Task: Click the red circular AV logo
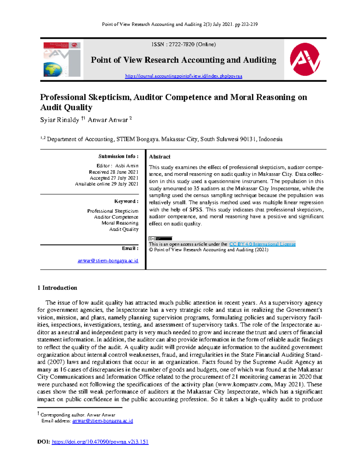pyautogui.click(x=305, y=59)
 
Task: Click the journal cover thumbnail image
pyautogui.click(x=62, y=59)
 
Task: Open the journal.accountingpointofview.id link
pyautogui.click(x=183, y=76)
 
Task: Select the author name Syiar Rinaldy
pyautogui.click(x=59, y=120)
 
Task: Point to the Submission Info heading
pyautogui.click(x=118, y=156)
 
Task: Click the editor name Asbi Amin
pyautogui.click(x=127, y=166)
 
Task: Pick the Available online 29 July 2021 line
pyautogui.click(x=106, y=184)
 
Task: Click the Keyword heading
pyautogui.click(x=126, y=201)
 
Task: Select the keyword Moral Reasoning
pyautogui.click(x=120, y=223)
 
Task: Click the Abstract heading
pyautogui.click(x=160, y=157)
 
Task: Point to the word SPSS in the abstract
pyautogui.click(x=196, y=209)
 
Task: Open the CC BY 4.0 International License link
pyautogui.click(x=262, y=244)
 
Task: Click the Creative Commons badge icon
pyautogui.click(x=160, y=239)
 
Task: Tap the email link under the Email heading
pyautogui.click(x=108, y=261)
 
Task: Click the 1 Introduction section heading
pyautogui.click(x=57, y=288)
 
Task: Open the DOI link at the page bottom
pyautogui.click(x=100, y=442)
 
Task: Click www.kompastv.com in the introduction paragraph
pyautogui.click(x=248, y=384)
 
